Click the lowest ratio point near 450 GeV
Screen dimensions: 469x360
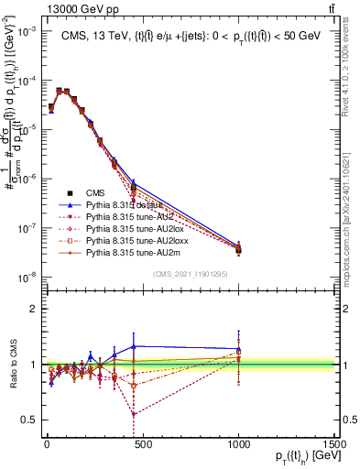tap(134, 414)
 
